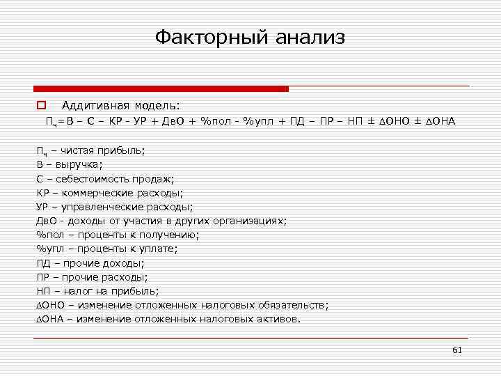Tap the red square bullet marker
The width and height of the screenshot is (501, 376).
[x=41, y=106]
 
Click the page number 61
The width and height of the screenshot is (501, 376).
[x=457, y=350]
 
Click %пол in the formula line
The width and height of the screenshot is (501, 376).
[x=214, y=122]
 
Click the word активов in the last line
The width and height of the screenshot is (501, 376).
[x=278, y=319]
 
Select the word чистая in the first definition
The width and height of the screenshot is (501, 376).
[x=77, y=150]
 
